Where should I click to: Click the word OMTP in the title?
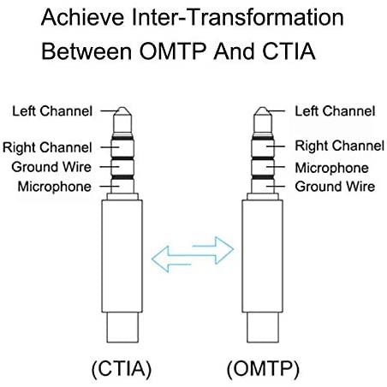173,51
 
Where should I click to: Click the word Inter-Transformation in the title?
238,17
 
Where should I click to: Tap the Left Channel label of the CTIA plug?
52,111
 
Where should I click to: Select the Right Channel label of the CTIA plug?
47,147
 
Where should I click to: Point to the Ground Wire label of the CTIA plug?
51,167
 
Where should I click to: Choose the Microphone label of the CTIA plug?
55,187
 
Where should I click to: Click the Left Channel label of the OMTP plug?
335,111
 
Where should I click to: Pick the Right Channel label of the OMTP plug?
340,146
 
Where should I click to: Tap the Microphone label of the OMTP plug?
331,168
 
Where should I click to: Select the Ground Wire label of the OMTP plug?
335,187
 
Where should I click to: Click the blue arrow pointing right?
213,250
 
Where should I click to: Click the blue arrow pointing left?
170,259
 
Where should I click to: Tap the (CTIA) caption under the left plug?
122,369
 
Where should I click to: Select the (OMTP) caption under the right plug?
263,369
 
